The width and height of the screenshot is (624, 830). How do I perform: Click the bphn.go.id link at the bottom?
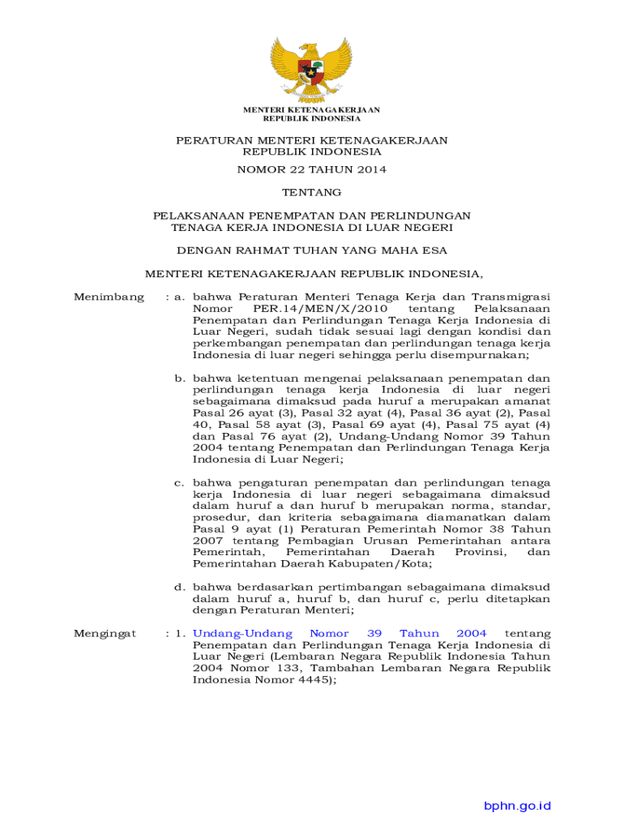[517, 806]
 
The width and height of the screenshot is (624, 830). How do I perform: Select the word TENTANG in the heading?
[311, 192]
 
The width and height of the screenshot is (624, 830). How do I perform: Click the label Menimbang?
[109, 297]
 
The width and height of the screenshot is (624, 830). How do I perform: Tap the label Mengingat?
[105, 634]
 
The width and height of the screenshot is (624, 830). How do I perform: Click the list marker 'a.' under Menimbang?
[181, 297]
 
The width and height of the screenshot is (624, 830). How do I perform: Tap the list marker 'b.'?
[181, 378]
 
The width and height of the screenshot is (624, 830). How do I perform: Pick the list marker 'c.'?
[181, 482]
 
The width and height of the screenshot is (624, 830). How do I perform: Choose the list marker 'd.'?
[181, 587]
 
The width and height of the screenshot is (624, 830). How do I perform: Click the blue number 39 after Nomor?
[374, 634]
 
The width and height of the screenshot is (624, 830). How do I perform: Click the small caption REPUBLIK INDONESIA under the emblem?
[312, 118]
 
